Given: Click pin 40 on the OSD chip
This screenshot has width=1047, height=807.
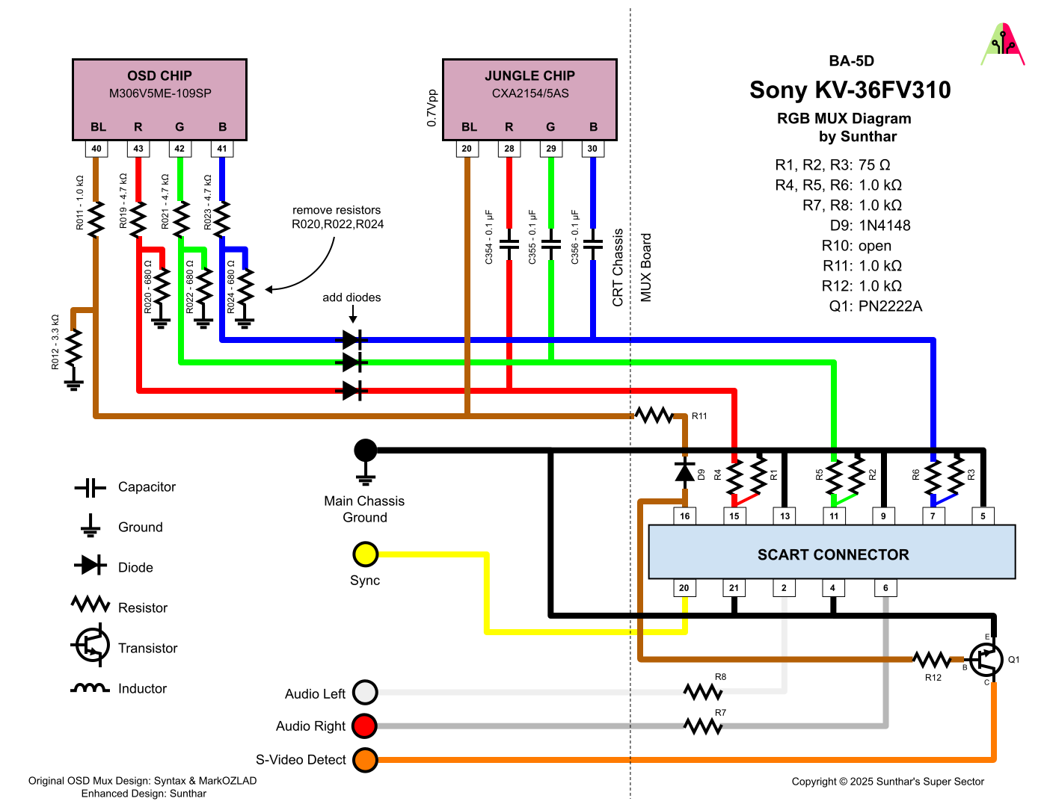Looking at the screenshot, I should pyautogui.click(x=96, y=149).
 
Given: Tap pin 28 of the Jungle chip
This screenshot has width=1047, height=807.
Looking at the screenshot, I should pyautogui.click(x=509, y=149).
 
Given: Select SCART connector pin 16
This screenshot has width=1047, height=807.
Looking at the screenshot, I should pyautogui.click(x=684, y=516).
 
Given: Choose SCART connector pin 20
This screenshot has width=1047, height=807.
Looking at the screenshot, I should pyautogui.click(x=684, y=588).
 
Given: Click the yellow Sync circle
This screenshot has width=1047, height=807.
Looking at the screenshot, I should pyautogui.click(x=365, y=554).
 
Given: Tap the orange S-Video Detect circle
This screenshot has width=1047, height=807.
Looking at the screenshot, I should pyautogui.click(x=365, y=760).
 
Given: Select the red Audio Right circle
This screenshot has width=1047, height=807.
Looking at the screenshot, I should pyautogui.click(x=365, y=726).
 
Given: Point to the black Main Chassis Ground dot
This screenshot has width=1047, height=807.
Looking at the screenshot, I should pyautogui.click(x=365, y=451).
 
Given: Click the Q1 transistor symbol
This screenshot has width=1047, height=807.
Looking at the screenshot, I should pyautogui.click(x=986, y=660).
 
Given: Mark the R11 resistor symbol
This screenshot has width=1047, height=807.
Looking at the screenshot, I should pyautogui.click(x=654, y=415).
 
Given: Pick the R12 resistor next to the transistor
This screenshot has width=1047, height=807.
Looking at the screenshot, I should pyautogui.click(x=932, y=660).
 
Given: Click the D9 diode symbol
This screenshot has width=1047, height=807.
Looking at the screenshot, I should pyautogui.click(x=684, y=471).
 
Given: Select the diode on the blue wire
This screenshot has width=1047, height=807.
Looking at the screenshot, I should pyautogui.click(x=353, y=340).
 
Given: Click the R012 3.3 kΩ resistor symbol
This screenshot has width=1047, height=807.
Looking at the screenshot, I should pyautogui.click(x=73, y=348).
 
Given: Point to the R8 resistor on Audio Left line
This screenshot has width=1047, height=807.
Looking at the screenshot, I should pyautogui.click(x=702, y=692).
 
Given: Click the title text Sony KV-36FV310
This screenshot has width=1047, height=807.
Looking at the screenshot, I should pyautogui.click(x=850, y=90).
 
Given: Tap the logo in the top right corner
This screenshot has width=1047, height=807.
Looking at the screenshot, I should pyautogui.click(x=1002, y=45).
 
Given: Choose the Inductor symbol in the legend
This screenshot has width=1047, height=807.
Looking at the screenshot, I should pyautogui.click(x=90, y=688).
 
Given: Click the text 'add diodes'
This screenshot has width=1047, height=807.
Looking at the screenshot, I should pyautogui.click(x=351, y=297).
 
